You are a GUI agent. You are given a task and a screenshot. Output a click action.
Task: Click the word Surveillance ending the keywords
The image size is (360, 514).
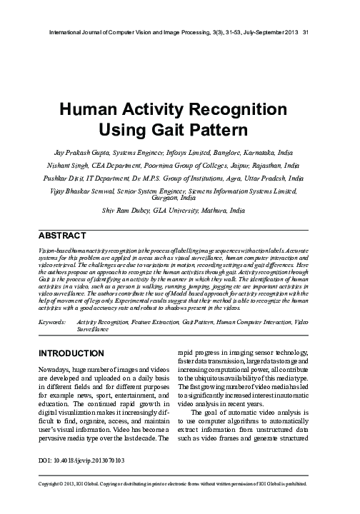click(92, 330)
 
